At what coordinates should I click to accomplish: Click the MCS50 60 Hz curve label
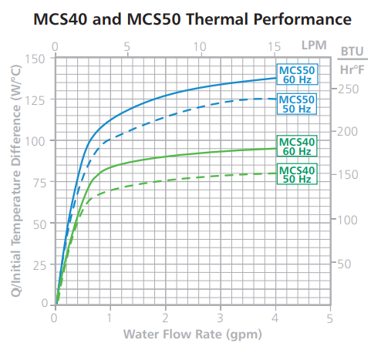click(x=297, y=74)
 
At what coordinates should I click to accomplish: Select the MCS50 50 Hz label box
click(x=297, y=104)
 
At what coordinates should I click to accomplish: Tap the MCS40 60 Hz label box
click(x=297, y=146)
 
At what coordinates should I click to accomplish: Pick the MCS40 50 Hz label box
click(x=297, y=174)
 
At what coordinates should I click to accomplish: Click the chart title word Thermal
click(x=217, y=19)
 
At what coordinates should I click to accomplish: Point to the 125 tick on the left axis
click(x=35, y=100)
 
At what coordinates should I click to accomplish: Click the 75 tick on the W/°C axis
click(x=39, y=183)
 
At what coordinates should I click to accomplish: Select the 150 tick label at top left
click(x=35, y=59)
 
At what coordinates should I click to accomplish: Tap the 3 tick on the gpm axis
click(x=220, y=318)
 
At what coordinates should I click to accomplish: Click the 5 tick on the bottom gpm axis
click(x=329, y=318)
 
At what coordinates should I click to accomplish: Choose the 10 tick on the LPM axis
click(x=200, y=47)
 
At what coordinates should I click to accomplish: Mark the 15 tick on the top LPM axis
click(x=274, y=47)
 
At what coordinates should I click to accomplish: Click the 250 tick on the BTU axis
click(x=348, y=89)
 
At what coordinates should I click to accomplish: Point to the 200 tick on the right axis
click(x=347, y=132)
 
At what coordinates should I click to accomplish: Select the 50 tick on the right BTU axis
click(x=344, y=264)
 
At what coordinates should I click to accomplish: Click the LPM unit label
click(x=314, y=45)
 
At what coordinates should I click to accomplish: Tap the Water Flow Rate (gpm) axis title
click(x=193, y=335)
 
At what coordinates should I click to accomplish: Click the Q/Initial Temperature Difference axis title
click(x=16, y=181)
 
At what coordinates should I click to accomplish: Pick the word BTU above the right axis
click(x=352, y=51)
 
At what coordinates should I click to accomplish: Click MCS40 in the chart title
click(x=60, y=19)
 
